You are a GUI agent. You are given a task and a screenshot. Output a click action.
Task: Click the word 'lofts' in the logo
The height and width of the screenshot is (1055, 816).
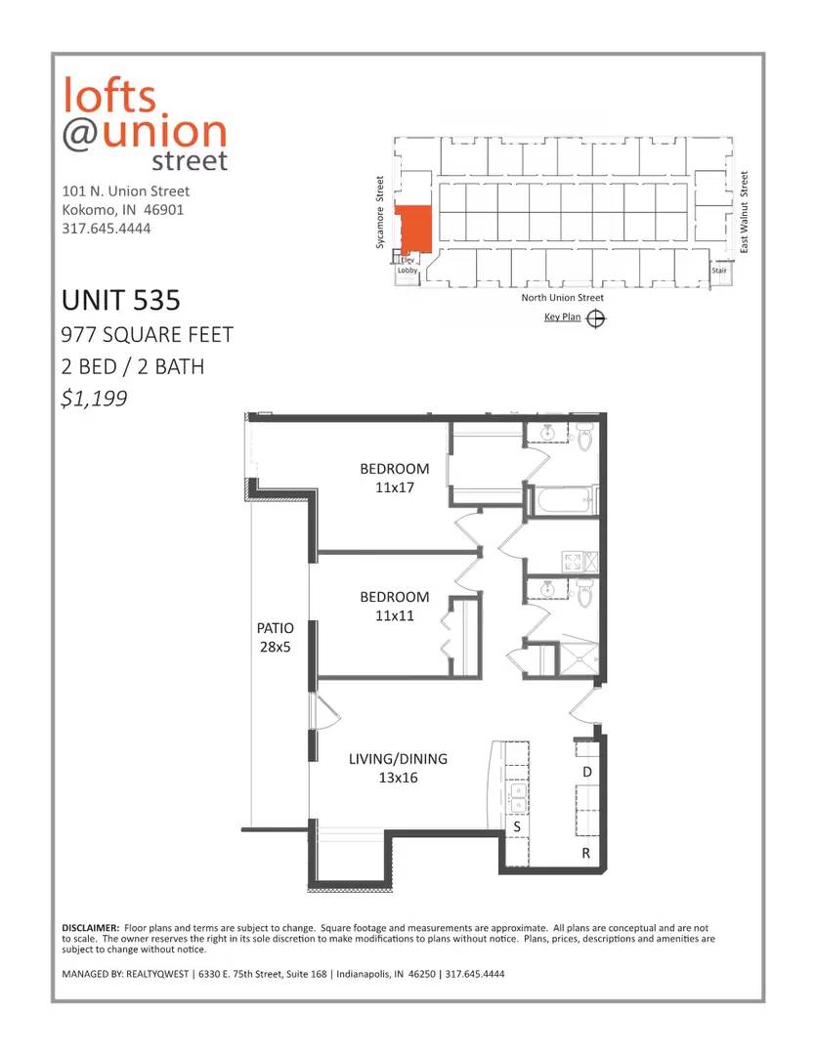[109, 95]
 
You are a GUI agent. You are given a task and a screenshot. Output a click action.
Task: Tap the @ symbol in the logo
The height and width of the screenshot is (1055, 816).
[81, 133]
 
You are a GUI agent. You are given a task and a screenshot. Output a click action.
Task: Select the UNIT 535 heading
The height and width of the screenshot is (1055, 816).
[121, 300]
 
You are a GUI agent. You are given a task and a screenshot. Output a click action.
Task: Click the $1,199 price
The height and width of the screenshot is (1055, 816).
[94, 399]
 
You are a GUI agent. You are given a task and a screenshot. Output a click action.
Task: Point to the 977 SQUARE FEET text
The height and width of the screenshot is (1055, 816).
[147, 334]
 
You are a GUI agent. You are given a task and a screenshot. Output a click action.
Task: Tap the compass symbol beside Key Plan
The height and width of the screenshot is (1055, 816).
[596, 318]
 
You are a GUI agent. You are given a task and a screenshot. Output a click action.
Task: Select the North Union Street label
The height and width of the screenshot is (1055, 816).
[562, 297]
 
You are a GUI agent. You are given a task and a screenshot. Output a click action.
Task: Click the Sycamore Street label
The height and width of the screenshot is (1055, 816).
[380, 212]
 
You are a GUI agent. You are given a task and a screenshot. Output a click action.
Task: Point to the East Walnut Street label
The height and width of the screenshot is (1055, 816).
[744, 212]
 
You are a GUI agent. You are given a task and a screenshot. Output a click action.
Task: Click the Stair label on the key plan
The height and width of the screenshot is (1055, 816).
[719, 270]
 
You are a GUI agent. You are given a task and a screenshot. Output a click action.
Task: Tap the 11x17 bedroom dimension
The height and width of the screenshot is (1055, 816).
[395, 487]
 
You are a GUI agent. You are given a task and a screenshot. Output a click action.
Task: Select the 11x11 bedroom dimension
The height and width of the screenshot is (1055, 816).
[395, 615]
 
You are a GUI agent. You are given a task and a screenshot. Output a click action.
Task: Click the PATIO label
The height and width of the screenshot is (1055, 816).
[276, 628]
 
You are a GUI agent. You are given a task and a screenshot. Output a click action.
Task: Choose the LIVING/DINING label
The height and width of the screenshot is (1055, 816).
[398, 758]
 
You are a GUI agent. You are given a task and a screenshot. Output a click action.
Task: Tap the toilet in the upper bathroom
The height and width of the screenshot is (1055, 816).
[585, 436]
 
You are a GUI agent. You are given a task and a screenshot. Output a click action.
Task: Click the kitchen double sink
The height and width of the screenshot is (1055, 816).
[518, 797]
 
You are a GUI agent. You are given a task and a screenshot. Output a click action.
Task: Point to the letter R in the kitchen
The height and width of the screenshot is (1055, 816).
[585, 853]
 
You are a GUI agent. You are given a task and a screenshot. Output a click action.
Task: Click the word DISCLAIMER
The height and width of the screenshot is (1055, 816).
[90, 928]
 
